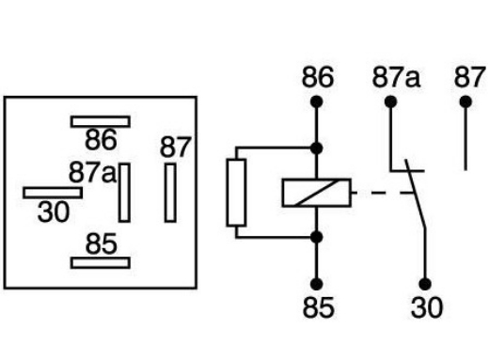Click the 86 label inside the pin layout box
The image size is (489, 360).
tap(101, 141)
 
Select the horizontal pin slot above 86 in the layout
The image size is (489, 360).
tap(101, 120)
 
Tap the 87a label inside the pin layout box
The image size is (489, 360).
tap(92, 173)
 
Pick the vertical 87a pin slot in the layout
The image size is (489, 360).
tap(124, 192)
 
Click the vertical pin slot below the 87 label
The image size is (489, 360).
tap(170, 192)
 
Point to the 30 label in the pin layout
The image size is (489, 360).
tap(54, 212)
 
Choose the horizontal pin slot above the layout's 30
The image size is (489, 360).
tap(53, 192)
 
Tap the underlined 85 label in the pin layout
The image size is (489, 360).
tap(101, 244)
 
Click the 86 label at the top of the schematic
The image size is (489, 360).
tap(317, 77)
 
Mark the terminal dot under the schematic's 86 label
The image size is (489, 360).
tap(317, 101)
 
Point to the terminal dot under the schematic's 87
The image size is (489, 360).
tap(465, 101)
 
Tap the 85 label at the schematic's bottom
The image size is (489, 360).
tap(317, 308)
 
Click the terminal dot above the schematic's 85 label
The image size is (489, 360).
tap(317, 283)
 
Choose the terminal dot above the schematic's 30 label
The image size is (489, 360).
tap(424, 283)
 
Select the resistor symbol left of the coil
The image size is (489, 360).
tap(236, 192)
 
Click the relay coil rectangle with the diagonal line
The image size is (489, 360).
tap(317, 193)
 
